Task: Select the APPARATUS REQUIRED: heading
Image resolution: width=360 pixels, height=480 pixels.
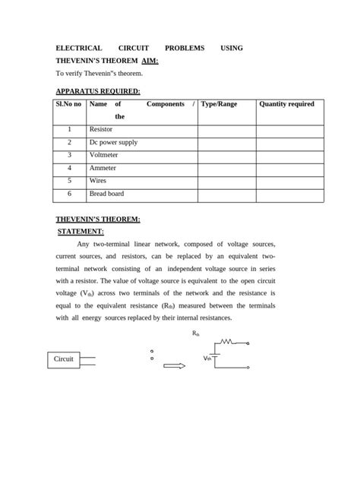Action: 98,90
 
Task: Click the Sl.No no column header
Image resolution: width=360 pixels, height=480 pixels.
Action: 68,104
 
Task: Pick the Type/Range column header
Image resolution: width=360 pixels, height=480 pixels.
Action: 219,104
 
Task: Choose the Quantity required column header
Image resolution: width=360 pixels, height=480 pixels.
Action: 286,104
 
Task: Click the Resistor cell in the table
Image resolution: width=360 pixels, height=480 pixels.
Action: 101,130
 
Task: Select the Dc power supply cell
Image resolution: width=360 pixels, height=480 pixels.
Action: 113,143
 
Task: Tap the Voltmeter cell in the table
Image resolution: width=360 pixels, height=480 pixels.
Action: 104,156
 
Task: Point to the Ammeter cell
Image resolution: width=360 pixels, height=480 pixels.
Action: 103,169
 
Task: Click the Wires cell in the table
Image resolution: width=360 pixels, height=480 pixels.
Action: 98,182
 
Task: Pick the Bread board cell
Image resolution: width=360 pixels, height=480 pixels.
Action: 106,194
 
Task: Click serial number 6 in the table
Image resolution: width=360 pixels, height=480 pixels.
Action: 69,194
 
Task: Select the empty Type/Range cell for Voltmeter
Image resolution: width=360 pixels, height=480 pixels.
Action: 226,156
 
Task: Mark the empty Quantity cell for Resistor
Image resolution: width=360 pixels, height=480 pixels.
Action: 289,130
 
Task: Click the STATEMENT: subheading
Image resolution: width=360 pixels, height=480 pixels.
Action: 81,232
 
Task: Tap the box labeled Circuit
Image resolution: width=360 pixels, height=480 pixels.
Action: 64,358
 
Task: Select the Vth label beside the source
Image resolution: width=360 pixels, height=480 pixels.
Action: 207,358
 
